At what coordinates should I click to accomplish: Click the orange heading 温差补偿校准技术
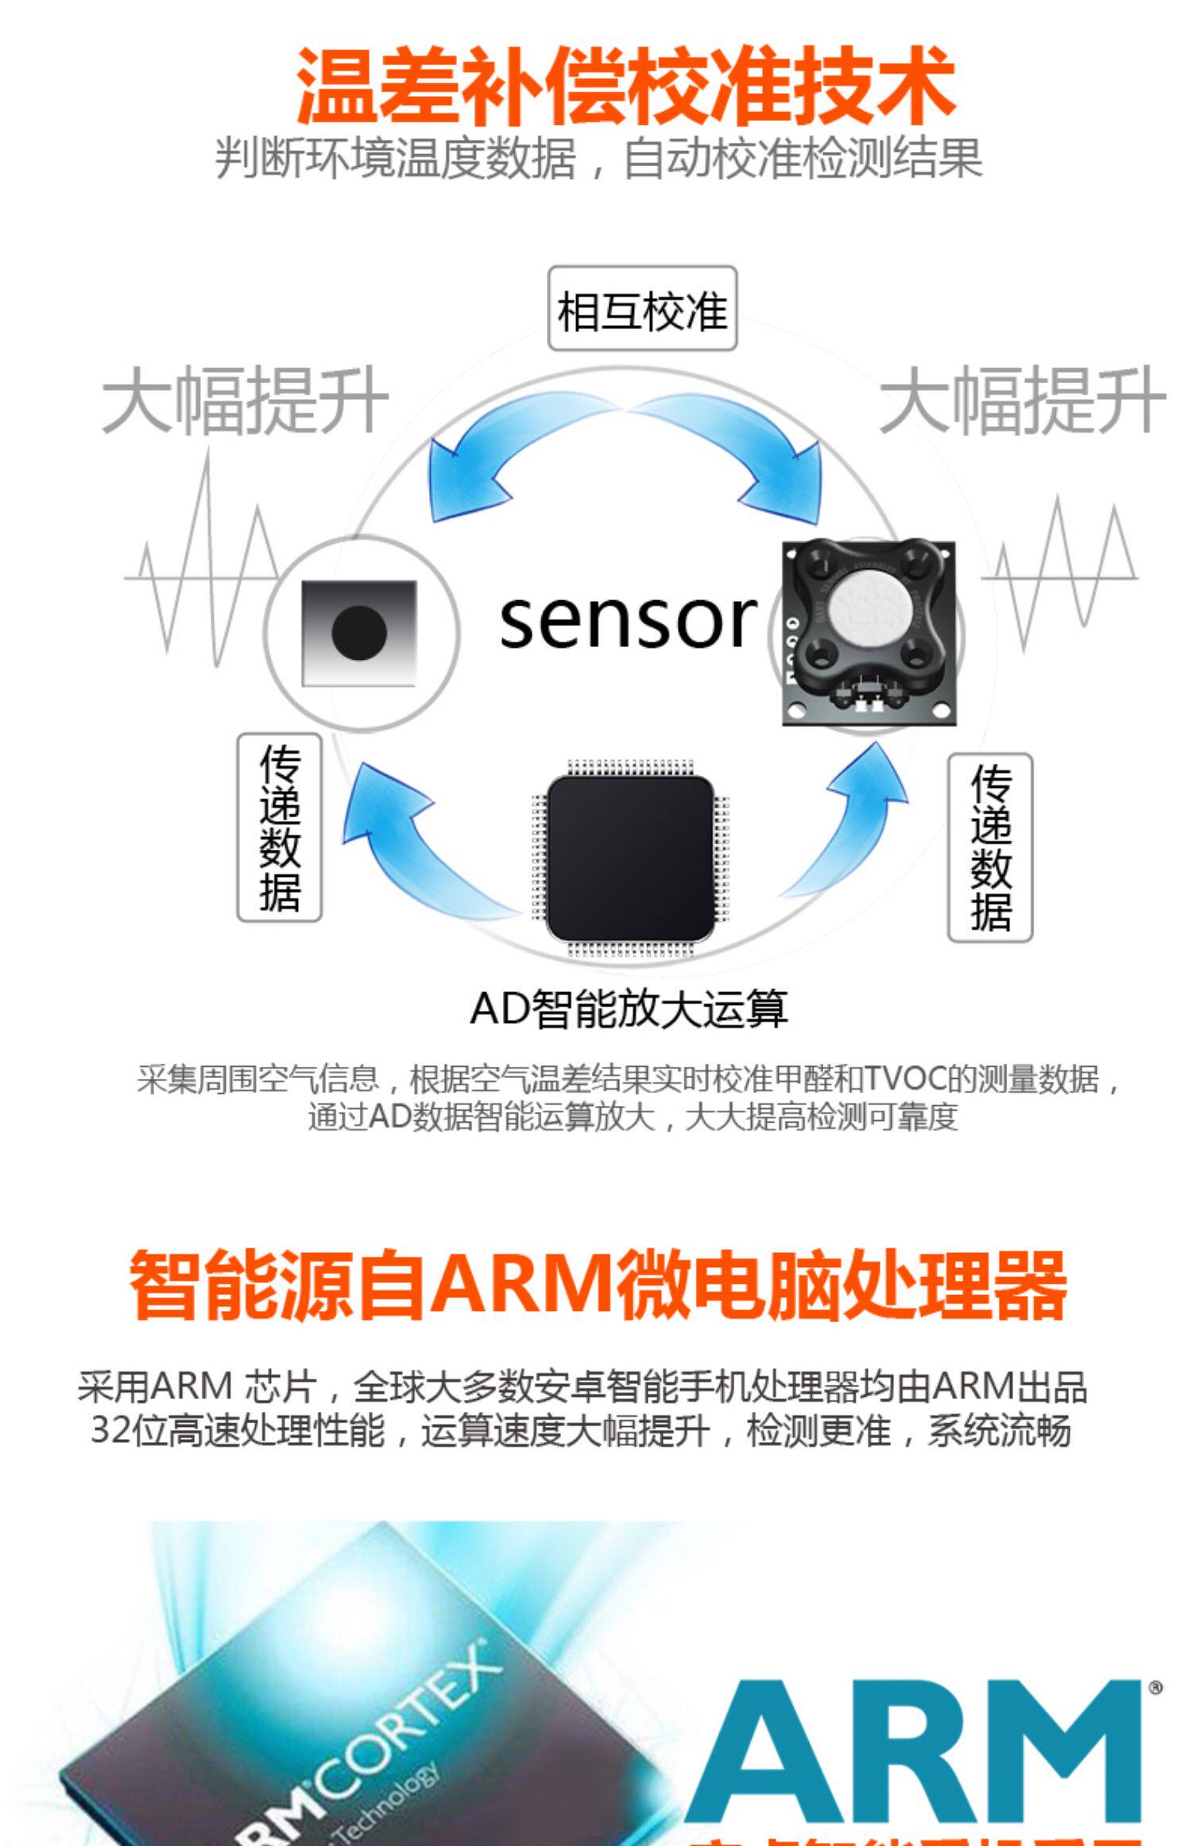coord(625,86)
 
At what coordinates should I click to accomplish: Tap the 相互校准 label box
coord(642,309)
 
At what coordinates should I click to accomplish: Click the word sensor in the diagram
coord(627,621)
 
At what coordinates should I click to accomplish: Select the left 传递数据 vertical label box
coord(280,827)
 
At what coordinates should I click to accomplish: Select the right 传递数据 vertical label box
coord(990,847)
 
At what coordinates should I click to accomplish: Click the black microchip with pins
coord(629,858)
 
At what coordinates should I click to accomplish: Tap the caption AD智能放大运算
coord(629,1009)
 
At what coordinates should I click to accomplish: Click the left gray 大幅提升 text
coord(245,401)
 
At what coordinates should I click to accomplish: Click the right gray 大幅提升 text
coord(1022,401)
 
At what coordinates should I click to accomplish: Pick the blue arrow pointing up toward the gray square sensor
coord(413,843)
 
